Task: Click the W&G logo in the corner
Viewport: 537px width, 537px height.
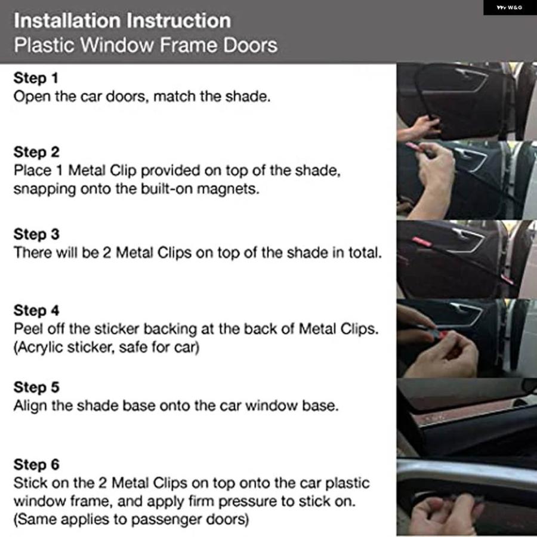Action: tap(510, 7)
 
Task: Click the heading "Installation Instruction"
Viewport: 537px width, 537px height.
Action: tap(122, 20)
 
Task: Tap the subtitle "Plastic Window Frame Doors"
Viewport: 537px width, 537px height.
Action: tap(146, 45)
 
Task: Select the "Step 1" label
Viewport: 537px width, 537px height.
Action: tap(36, 78)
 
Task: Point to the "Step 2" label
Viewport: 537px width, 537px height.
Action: tap(36, 152)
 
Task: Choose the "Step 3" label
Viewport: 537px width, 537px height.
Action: tap(36, 234)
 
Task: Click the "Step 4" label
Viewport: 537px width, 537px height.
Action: tap(36, 310)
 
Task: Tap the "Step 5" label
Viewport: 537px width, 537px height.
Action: tap(36, 387)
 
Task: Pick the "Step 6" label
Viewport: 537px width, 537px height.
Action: tap(36, 465)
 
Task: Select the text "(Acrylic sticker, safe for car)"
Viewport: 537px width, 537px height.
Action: tap(107, 347)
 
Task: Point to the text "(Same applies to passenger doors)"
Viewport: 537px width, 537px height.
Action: tap(131, 520)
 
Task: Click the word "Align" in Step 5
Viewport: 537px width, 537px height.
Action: tap(30, 406)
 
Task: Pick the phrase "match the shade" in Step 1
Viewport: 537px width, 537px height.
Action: tap(212, 97)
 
